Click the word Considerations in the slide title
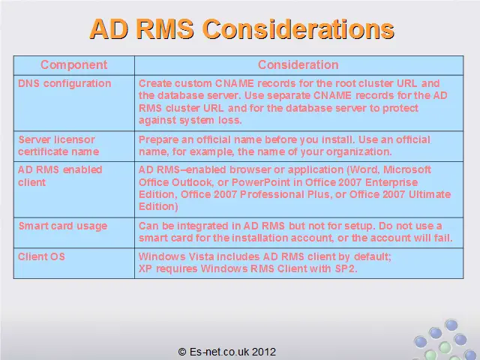298,29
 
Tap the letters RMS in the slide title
165,29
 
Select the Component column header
73,65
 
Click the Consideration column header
298,65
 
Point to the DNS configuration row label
64,83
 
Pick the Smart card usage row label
63,226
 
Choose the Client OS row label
41,256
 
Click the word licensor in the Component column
76,139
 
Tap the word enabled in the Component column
82,169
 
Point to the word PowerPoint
261,182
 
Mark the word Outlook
192,182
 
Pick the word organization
358,151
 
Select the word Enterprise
391,182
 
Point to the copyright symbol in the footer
182,352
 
